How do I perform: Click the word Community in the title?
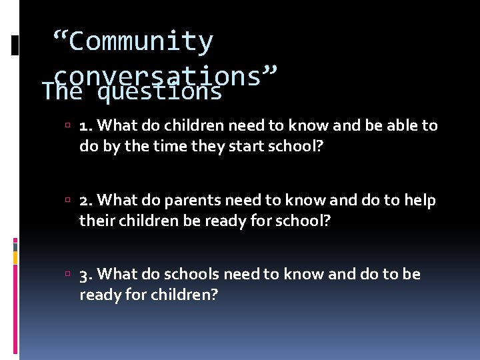pos(141,41)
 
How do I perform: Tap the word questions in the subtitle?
pos(159,91)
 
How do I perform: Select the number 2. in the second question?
pos(86,200)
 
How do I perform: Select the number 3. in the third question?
pos(86,275)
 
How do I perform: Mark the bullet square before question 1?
pos(71,125)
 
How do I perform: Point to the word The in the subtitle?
pos(61,91)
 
